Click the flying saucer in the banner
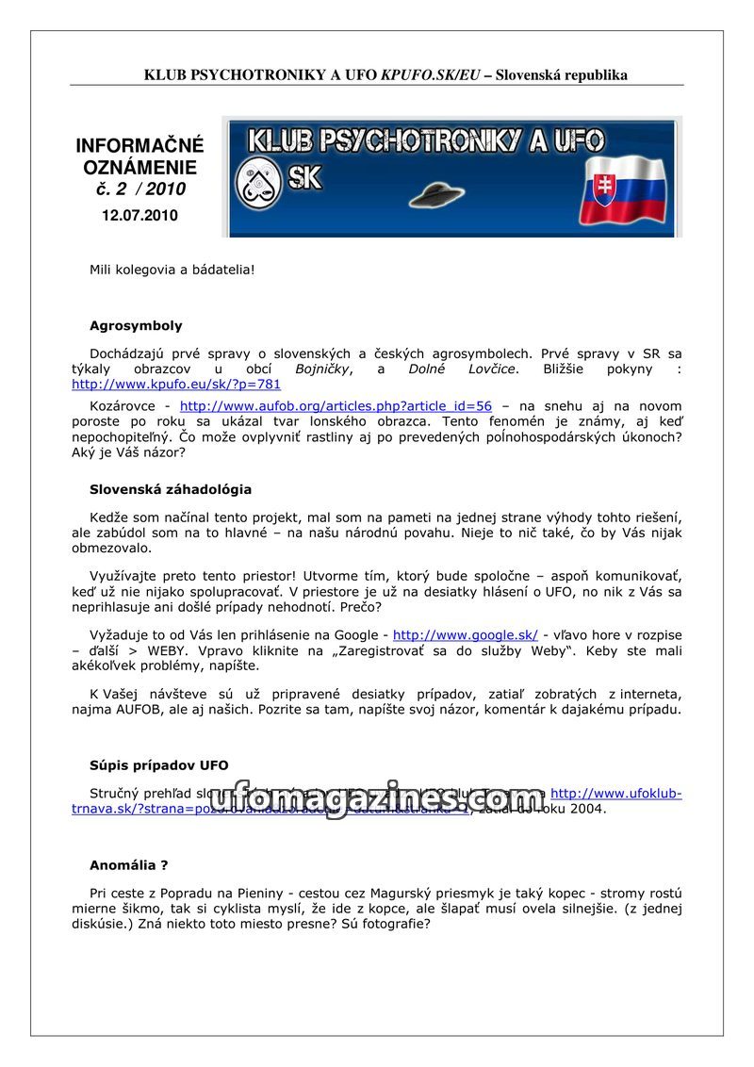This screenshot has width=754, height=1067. click(x=437, y=194)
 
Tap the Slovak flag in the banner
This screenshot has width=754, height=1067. click(x=621, y=190)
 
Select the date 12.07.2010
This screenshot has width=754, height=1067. click(x=139, y=216)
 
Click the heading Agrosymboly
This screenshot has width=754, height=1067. click(x=136, y=326)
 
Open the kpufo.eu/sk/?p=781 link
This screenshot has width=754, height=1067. click(x=176, y=385)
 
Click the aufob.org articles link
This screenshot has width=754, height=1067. click(x=336, y=406)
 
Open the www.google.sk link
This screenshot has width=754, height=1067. click(x=465, y=635)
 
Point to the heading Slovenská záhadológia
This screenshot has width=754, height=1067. click(x=171, y=490)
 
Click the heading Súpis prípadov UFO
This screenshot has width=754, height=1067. click(x=159, y=765)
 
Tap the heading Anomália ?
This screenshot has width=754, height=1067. click(x=129, y=865)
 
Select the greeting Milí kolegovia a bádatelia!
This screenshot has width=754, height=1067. click(x=172, y=270)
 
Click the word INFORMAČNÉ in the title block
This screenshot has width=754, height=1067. click(x=139, y=146)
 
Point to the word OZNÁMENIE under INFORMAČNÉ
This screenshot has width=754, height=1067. click(x=139, y=168)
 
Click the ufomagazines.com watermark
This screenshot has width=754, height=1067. click(x=377, y=800)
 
